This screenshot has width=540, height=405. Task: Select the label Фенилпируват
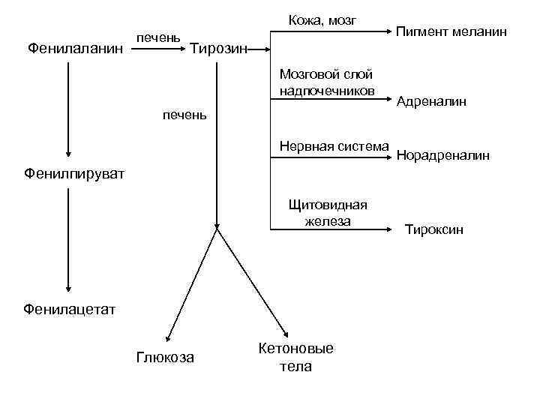64,174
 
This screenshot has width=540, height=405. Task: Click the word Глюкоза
165,357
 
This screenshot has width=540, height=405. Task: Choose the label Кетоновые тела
295,357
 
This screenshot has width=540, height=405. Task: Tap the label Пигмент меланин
451,32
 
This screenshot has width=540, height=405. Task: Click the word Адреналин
432,101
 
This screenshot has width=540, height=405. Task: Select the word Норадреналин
443,156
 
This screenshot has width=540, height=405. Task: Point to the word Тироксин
434,229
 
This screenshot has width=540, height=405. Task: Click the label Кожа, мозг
322,19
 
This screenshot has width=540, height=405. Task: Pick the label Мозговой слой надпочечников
325,82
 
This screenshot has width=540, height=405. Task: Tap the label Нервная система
334,145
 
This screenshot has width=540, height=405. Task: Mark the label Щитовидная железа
328,211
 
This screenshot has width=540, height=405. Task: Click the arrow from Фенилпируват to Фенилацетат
68,240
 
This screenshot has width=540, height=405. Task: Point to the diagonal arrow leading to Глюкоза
192,286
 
